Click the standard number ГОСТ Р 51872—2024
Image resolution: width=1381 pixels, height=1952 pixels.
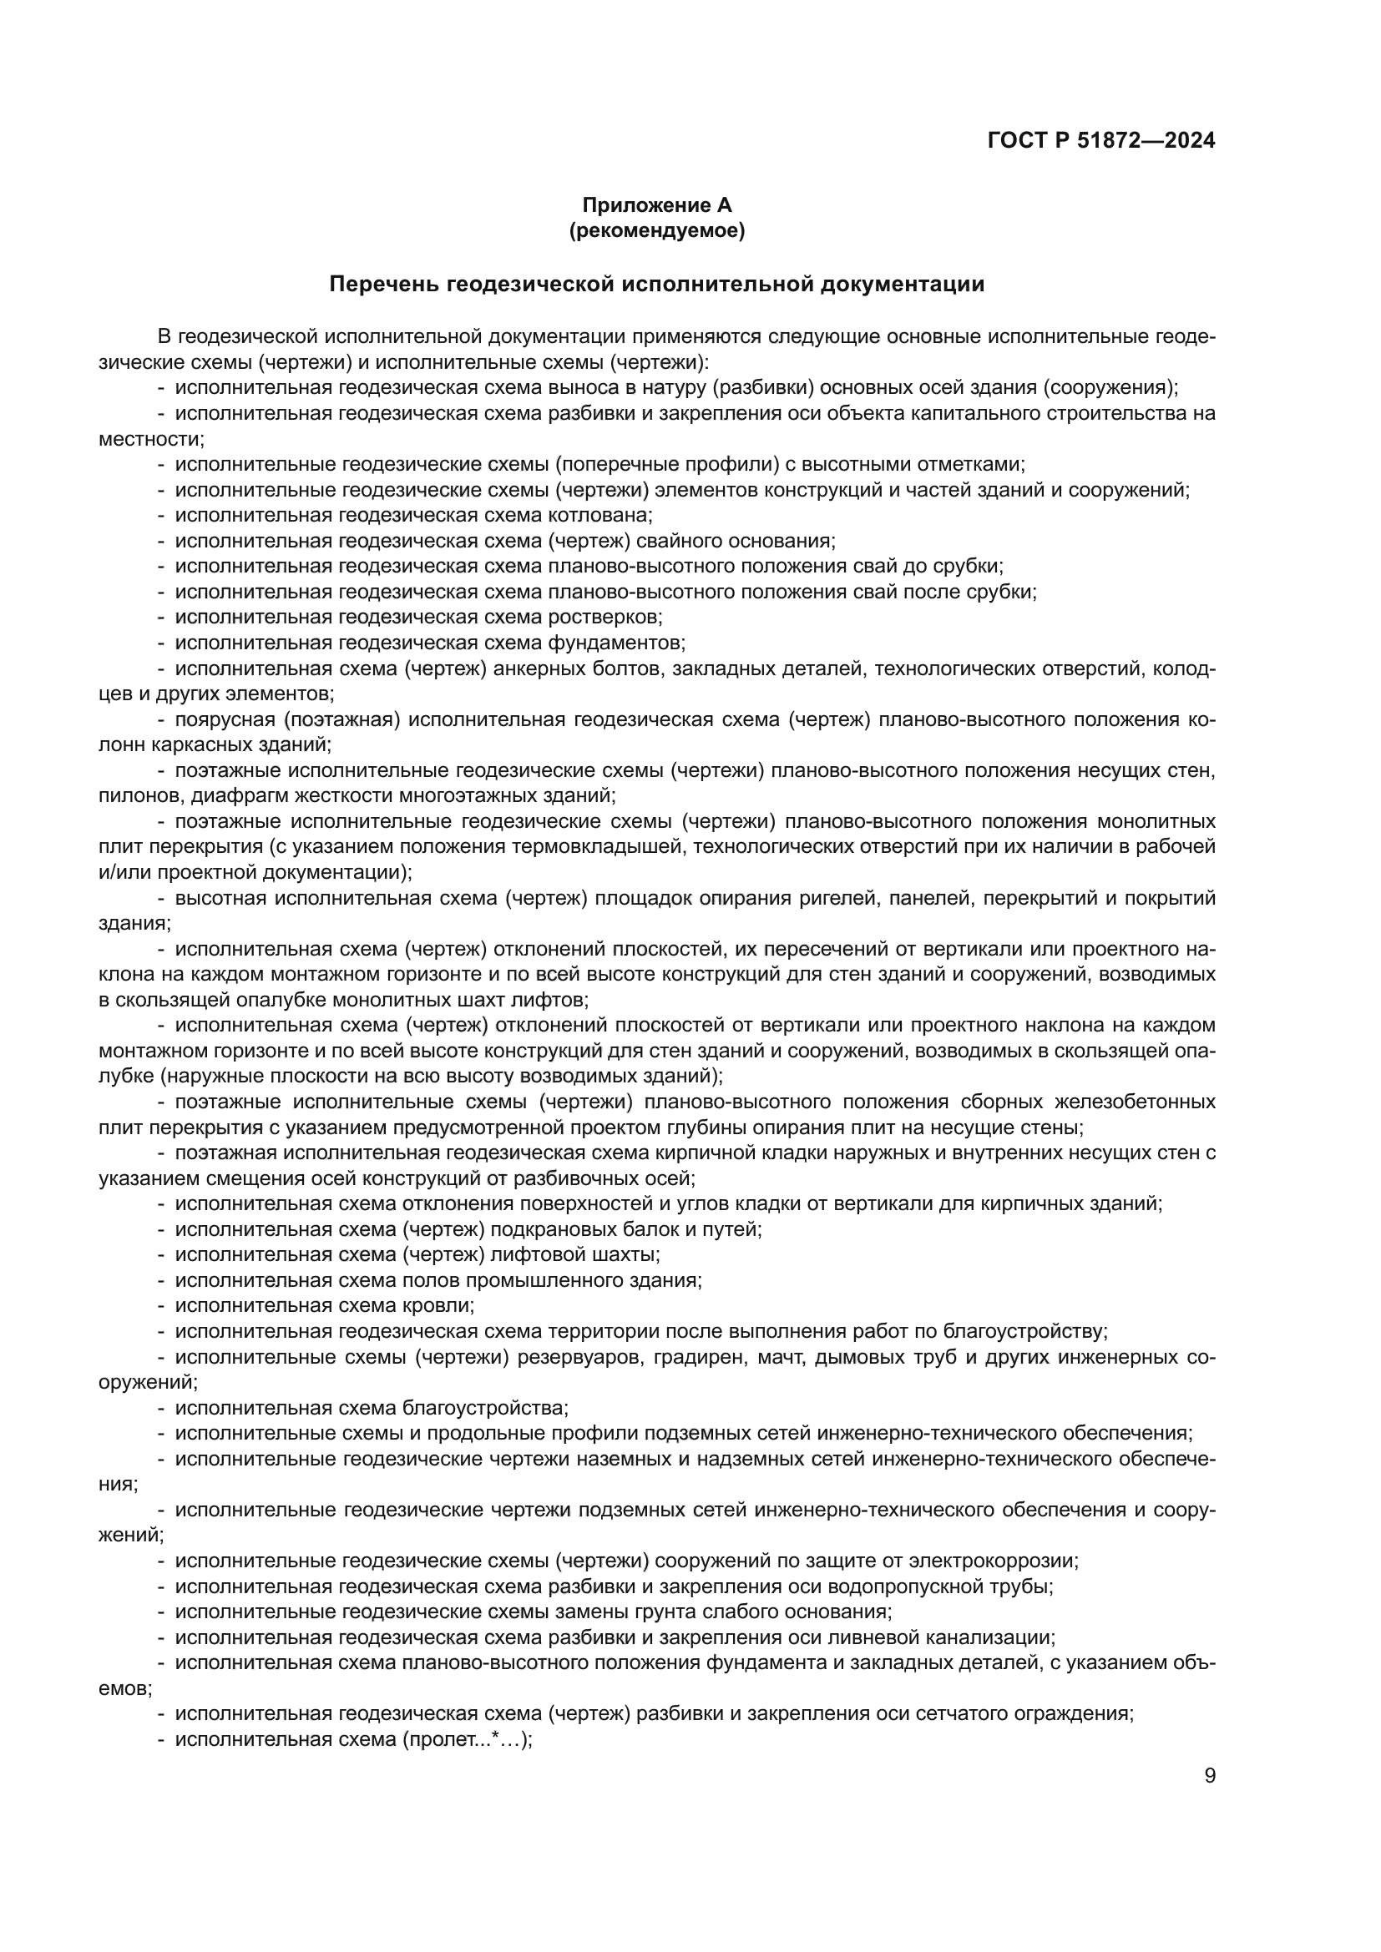pos(1101,140)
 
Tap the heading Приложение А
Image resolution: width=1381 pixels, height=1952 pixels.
pos(656,205)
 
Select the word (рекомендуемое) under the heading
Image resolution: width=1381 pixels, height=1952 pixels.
pos(656,230)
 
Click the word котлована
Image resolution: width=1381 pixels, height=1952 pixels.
pos(610,515)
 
